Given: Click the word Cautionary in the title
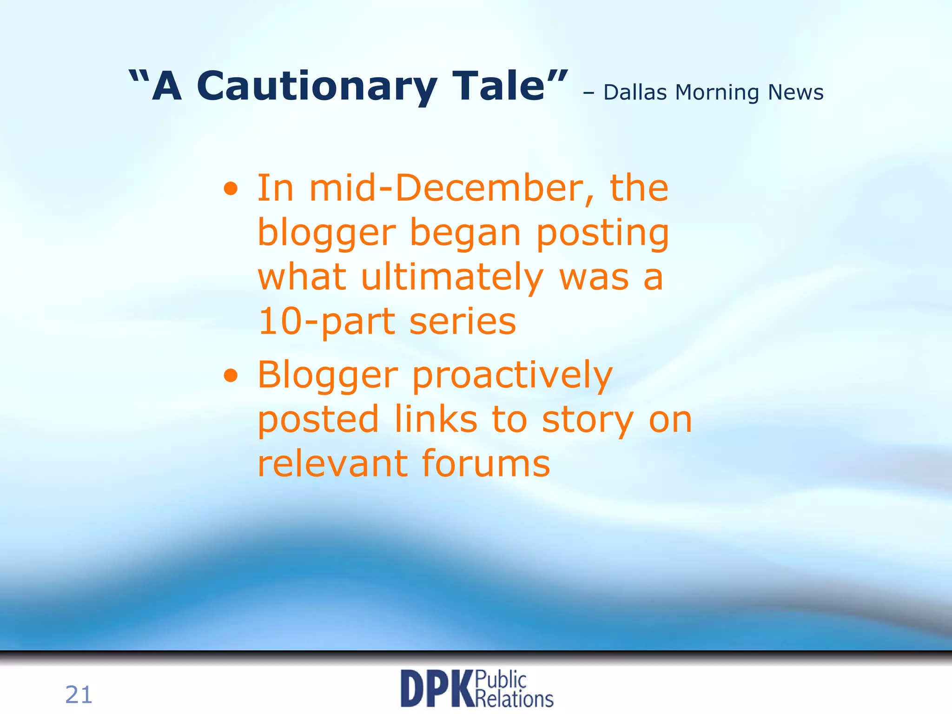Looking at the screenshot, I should (x=317, y=86).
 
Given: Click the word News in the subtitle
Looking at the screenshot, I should (x=795, y=93).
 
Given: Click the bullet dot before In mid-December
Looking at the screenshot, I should (x=231, y=189).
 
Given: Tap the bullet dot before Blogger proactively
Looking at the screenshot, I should (x=231, y=375).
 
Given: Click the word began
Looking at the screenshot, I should (x=465, y=233).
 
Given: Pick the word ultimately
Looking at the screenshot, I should (x=452, y=278).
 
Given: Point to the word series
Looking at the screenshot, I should (x=463, y=322).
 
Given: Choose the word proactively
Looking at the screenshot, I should (x=512, y=376).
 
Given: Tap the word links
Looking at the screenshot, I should (x=436, y=419).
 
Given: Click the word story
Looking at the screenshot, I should (x=588, y=420).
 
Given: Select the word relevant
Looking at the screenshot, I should (x=332, y=463).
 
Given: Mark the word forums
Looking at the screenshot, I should (x=486, y=463).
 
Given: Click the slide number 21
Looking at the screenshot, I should (x=79, y=695).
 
